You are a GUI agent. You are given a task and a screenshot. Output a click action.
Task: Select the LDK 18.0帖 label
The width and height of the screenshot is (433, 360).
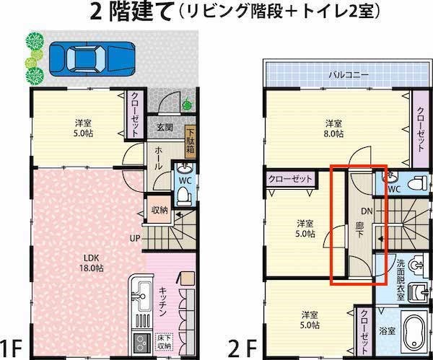pyautogui.click(x=90, y=262)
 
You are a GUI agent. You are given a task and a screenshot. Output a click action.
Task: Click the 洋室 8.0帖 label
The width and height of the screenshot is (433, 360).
pyautogui.click(x=333, y=128)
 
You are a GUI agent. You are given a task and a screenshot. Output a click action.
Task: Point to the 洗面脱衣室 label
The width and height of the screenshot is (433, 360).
pyautogui.click(x=401, y=278)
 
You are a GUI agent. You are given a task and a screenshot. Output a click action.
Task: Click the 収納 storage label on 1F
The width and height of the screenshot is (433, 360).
pyautogui.click(x=159, y=210)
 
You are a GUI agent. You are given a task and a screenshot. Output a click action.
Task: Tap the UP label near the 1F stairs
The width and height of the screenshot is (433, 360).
pyautogui.click(x=135, y=238)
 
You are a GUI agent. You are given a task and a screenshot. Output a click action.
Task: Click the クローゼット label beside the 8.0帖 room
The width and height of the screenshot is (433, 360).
pyautogui.click(x=420, y=127)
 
